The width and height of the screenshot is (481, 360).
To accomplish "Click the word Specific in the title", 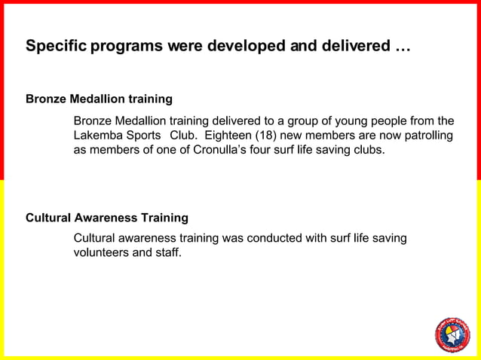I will pyautogui.click(x=56, y=47).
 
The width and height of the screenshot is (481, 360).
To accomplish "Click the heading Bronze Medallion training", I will pyautogui.click(x=99, y=99).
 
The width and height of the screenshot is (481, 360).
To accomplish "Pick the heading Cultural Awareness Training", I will pyautogui.click(x=107, y=218).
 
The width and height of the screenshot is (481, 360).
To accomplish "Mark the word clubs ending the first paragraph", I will pyautogui.click(x=368, y=151).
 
